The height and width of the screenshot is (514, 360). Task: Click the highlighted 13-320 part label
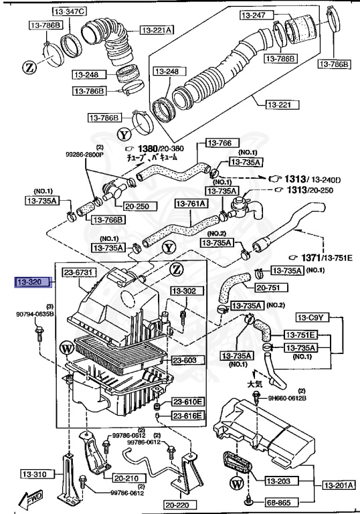pos(31,283)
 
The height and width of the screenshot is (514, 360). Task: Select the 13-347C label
pos(68,12)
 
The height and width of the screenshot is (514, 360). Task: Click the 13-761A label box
pos(191,203)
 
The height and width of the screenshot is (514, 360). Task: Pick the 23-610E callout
pos(189,402)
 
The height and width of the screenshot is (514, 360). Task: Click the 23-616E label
pos(189,416)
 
